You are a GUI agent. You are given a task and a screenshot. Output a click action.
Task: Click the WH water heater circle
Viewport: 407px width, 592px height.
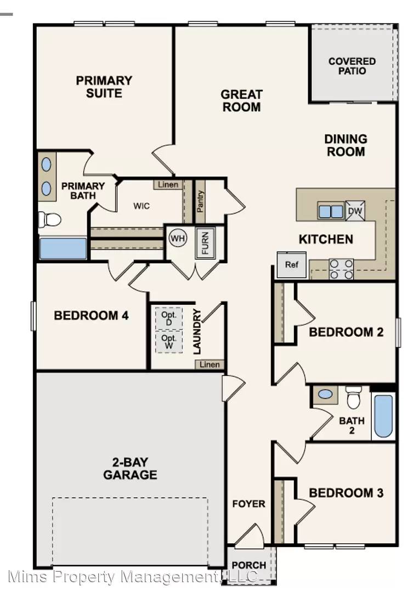pos(178,238)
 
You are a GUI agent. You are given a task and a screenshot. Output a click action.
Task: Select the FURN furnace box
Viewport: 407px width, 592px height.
pos(205,242)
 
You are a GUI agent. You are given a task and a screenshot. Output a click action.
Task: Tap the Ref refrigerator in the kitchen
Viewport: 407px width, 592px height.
pos(291,265)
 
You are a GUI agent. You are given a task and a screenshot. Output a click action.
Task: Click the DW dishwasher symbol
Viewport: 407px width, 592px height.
pos(355,210)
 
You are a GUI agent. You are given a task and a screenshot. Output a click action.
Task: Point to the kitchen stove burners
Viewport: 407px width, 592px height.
pos(341,269)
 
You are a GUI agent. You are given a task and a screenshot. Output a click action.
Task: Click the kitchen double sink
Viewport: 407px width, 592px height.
pos(331,211)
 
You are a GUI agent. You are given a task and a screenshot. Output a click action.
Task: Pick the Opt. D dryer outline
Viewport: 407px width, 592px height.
pos(168,318)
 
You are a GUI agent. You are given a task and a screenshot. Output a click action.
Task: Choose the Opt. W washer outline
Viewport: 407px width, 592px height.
pos(168,341)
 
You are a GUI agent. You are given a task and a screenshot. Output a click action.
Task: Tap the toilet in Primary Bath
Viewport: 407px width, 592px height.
pos(49,219)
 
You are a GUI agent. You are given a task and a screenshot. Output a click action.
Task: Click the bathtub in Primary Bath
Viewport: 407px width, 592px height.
pos(63,248)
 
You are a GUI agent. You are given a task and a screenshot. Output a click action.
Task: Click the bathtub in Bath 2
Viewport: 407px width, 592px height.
pos(383,416)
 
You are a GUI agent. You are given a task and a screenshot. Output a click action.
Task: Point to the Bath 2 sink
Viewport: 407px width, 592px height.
pos(325,394)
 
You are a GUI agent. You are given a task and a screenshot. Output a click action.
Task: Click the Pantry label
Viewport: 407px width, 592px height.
pos(200,201)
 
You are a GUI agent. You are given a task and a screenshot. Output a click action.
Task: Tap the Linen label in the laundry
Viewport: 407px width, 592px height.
pos(210,365)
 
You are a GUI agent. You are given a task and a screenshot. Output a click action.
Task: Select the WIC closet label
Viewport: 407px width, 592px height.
pos(142,206)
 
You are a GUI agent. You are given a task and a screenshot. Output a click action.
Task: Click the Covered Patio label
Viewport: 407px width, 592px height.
pos(352,66)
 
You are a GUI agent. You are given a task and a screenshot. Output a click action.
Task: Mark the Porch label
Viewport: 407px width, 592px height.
pos(248,565)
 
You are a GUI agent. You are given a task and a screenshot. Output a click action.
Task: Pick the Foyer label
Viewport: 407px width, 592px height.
pos(248,504)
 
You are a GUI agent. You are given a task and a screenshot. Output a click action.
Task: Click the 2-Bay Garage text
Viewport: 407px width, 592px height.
pos(130,468)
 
